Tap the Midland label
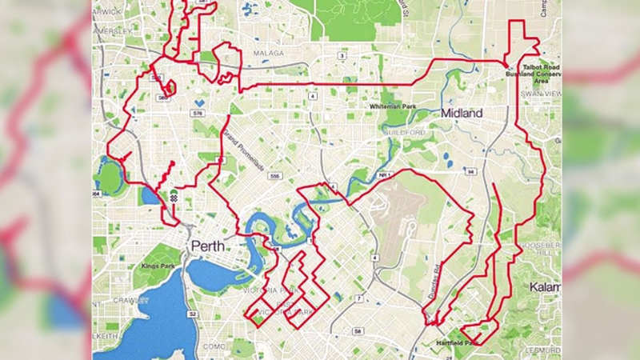click(462, 114)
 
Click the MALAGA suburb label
click(268, 54)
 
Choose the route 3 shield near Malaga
click(342, 56)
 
